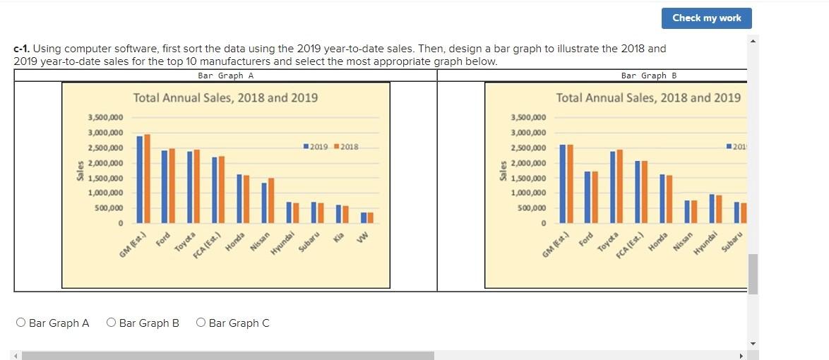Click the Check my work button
[x=706, y=18]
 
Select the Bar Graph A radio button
[x=21, y=323]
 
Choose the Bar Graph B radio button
[x=112, y=323]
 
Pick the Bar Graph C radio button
[x=201, y=323]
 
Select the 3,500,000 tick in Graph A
[x=105, y=117]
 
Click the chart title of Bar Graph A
[x=225, y=98]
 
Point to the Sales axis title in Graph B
[x=503, y=170]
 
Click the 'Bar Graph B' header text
[x=649, y=76]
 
